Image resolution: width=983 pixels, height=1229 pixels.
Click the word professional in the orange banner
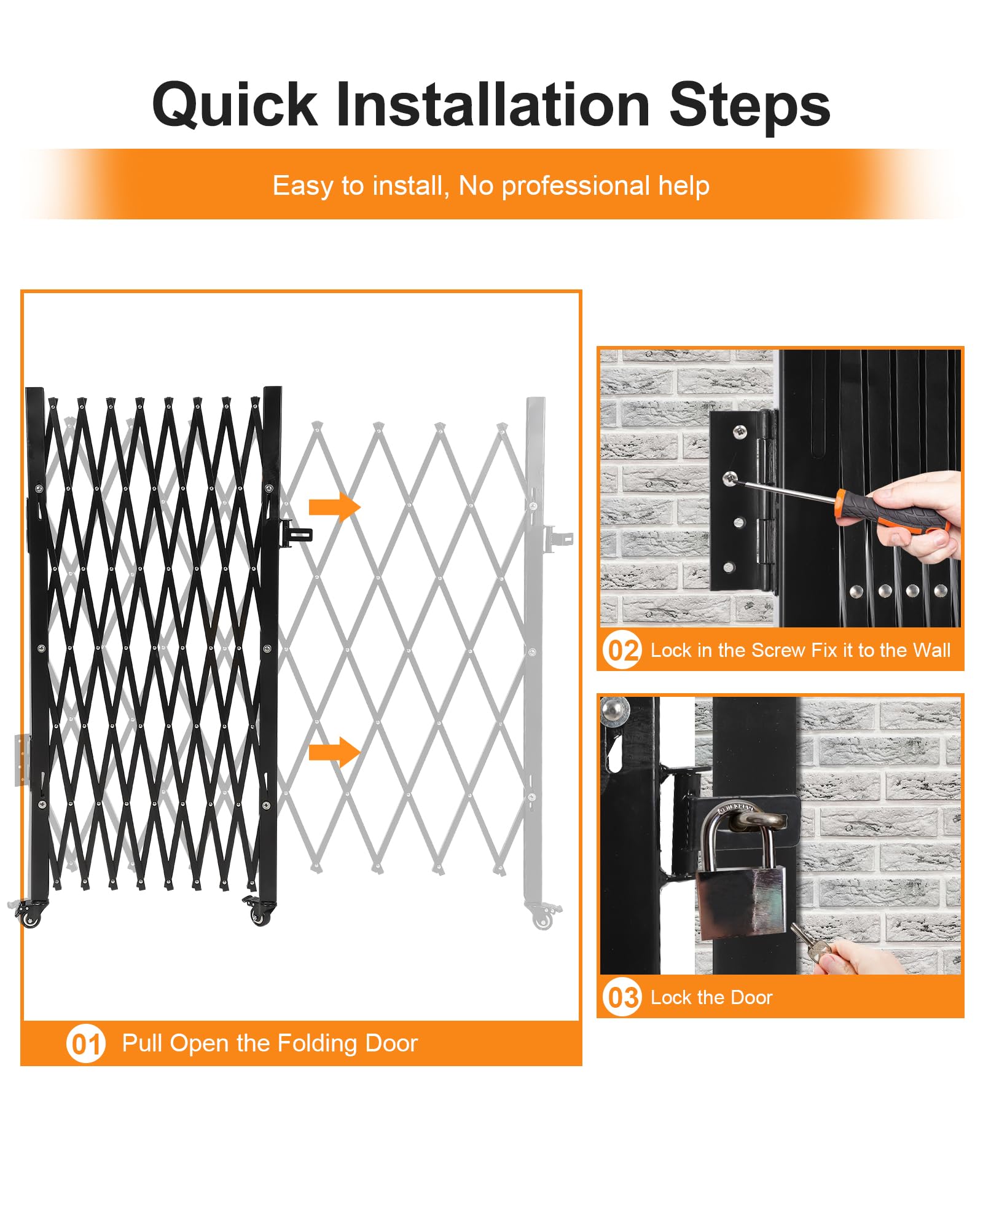(x=576, y=186)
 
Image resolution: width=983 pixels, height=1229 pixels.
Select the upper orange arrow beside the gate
(x=334, y=508)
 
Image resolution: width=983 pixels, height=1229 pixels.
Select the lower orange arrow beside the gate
(x=334, y=752)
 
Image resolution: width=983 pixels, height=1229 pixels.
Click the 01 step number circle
(x=86, y=1043)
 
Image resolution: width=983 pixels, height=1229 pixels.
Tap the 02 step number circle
(x=622, y=650)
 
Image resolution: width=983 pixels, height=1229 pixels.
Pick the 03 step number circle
(x=622, y=997)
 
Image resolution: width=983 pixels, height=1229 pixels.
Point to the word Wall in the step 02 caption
(x=931, y=650)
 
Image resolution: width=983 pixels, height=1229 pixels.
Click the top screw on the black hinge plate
(x=740, y=433)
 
